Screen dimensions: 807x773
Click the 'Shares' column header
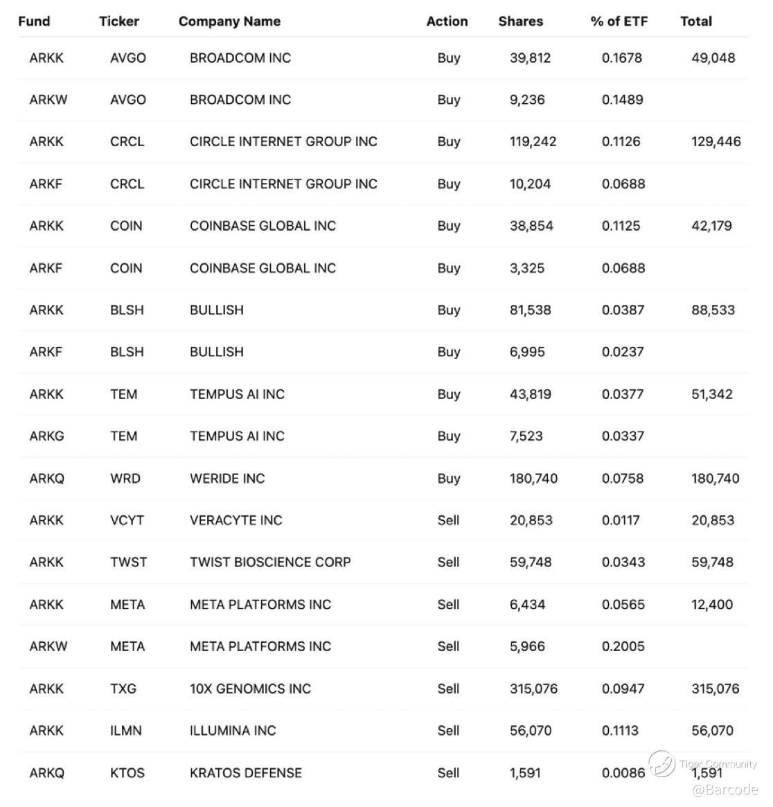[520, 21]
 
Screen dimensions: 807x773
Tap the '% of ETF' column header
[619, 21]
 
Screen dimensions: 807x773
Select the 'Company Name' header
[229, 21]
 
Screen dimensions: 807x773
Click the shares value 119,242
[533, 142]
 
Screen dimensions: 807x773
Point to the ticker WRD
[125, 479]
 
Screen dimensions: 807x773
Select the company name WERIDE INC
[227, 479]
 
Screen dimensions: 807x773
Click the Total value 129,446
[716, 142]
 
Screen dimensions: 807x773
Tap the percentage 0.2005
[623, 647]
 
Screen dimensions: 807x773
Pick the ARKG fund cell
[46, 436]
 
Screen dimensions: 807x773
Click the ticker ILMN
[125, 731]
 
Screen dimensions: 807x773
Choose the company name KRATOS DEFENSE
[246, 773]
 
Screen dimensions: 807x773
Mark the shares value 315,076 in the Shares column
[533, 689]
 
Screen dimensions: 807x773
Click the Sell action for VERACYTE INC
[448, 521]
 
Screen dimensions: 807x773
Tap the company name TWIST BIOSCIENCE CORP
[270, 562]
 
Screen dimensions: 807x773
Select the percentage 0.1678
[621, 58]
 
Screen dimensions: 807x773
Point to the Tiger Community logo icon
[661, 764]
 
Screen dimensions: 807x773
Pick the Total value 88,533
[713, 310]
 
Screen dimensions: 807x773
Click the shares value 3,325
[527, 268]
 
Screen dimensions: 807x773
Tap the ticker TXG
[123, 689]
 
